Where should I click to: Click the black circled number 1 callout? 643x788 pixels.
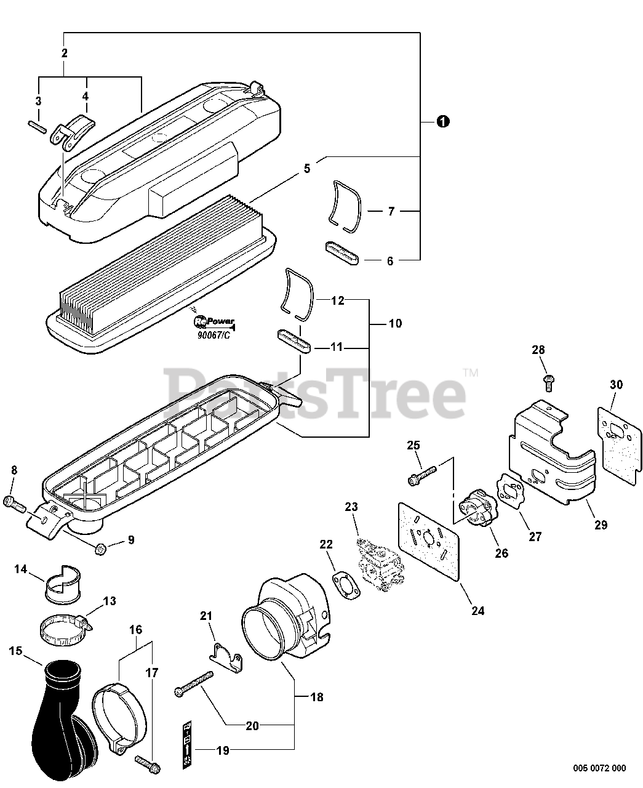[442, 121]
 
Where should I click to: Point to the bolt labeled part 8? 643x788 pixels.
[14, 504]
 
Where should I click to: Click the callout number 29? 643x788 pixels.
[601, 525]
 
